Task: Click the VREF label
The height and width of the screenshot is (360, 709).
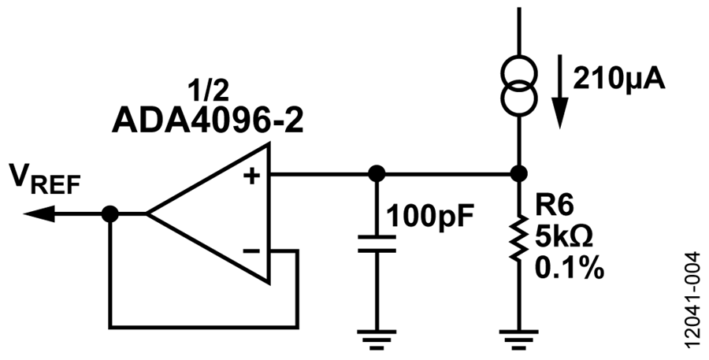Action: click(x=45, y=179)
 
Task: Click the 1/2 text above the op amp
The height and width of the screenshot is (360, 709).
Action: click(x=209, y=91)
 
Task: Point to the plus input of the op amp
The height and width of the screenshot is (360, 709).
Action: click(x=252, y=176)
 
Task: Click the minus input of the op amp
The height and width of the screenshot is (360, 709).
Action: click(x=251, y=251)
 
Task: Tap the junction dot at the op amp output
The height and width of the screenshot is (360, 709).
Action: click(x=110, y=214)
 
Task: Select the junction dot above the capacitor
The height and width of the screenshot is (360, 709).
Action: click(x=377, y=173)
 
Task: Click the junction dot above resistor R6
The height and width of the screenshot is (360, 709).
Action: click(x=518, y=173)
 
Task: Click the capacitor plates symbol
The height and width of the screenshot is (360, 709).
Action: click(x=377, y=243)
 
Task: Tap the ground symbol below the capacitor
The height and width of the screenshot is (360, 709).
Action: click(x=377, y=340)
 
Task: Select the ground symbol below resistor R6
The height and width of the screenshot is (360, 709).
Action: click(x=518, y=340)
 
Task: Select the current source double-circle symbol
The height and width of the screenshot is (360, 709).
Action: click(x=519, y=84)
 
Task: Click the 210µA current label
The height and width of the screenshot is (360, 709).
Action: click(x=619, y=80)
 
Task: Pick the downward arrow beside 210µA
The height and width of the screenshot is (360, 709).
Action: click(x=560, y=91)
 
